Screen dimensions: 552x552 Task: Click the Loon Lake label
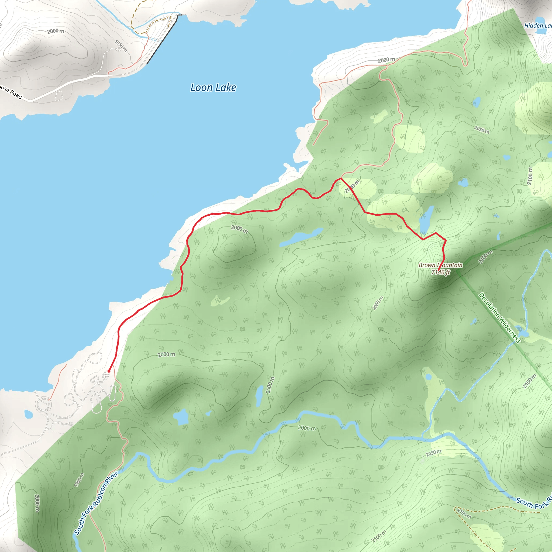(x=213, y=88)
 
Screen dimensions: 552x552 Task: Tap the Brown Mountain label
(x=440, y=265)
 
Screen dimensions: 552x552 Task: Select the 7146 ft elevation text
(x=441, y=272)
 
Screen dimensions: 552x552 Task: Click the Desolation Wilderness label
(x=499, y=318)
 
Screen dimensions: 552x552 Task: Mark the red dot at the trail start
(x=109, y=371)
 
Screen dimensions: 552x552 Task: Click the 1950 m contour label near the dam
(x=121, y=46)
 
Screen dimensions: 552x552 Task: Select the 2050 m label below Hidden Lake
(x=482, y=130)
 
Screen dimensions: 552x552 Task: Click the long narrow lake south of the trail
(x=301, y=237)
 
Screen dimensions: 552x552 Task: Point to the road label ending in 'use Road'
(x=11, y=92)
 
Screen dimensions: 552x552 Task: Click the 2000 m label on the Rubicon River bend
(x=307, y=428)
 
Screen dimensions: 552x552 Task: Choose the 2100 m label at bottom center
(x=379, y=536)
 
